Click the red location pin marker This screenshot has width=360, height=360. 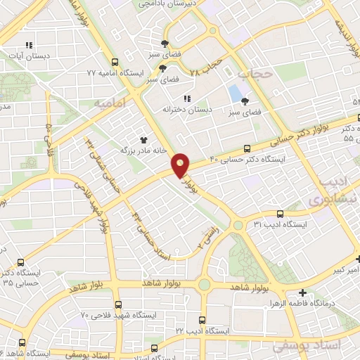181,166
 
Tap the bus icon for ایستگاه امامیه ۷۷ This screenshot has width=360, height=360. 115,62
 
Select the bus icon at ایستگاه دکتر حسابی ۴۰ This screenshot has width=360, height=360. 246,148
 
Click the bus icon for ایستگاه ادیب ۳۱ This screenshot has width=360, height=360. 280,214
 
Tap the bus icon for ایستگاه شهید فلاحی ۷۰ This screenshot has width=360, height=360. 117,304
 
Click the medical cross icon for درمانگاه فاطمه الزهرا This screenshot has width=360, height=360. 302,293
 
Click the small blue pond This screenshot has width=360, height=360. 233,94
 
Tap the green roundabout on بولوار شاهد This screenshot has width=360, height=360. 204,285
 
